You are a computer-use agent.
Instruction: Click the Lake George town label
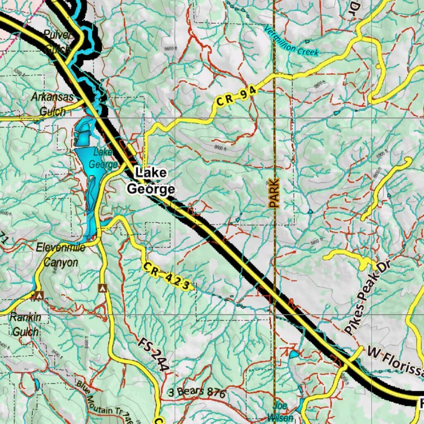[x=151, y=181]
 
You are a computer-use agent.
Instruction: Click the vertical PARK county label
[x=274, y=193]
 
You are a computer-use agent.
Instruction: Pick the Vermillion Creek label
[x=292, y=41]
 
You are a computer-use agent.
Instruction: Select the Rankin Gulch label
[x=25, y=325]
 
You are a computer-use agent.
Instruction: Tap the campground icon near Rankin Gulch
[x=39, y=295]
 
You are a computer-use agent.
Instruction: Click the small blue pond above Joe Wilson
[x=294, y=354]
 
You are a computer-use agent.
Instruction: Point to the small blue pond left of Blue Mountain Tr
[x=37, y=385]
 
